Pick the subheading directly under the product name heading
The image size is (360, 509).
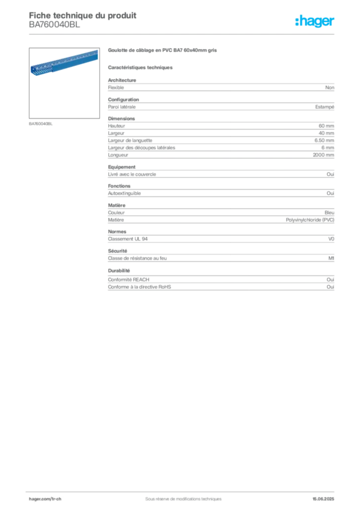(141, 67)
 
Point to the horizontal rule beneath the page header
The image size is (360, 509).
(183, 33)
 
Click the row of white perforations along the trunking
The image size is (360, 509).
(70, 59)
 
